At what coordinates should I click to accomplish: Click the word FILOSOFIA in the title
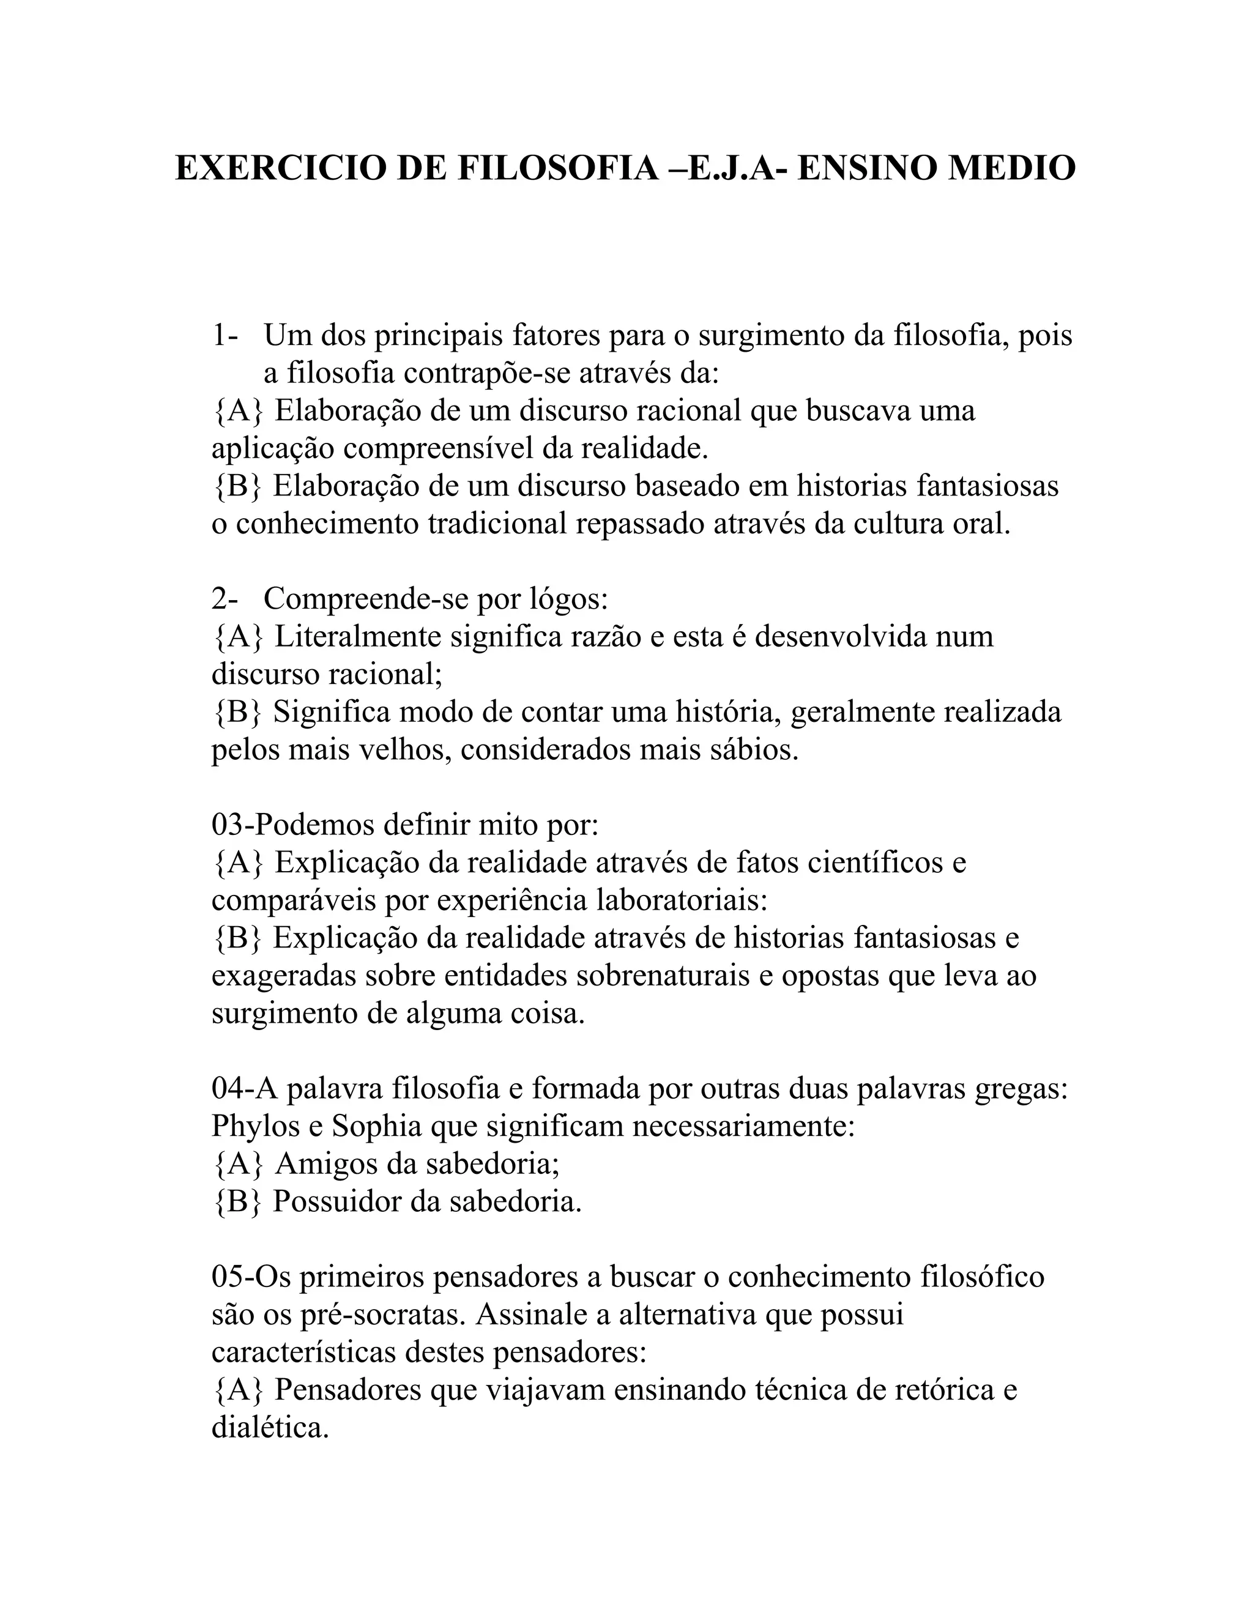coord(557,168)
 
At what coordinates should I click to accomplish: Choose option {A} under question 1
coord(237,410)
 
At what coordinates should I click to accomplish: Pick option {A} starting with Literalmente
coord(237,637)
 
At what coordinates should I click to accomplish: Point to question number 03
coord(227,825)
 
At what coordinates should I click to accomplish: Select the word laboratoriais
coord(681,900)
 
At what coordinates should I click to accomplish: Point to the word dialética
coord(269,1427)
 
